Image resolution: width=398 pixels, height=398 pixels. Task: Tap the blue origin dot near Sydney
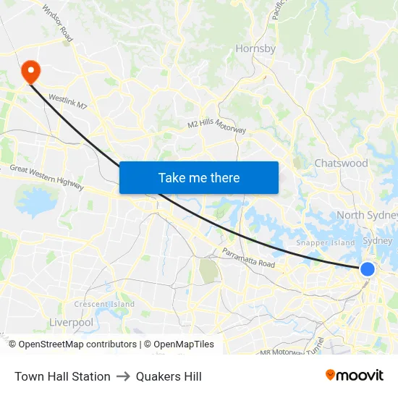tap(367, 269)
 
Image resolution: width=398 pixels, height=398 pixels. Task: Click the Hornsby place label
tap(255, 49)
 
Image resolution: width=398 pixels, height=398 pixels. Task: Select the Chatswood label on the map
tap(341, 164)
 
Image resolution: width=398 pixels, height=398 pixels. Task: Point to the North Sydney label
tap(367, 216)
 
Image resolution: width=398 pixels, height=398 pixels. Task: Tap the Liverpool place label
tap(71, 322)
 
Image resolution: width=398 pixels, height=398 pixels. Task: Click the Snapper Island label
tap(326, 243)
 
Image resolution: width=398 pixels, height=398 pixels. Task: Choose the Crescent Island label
tap(104, 305)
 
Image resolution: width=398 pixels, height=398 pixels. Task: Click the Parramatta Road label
tap(248, 258)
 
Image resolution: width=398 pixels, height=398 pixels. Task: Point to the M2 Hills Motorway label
tap(216, 125)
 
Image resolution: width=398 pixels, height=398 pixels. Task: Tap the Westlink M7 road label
tap(67, 101)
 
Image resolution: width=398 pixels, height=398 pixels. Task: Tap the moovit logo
tap(354, 376)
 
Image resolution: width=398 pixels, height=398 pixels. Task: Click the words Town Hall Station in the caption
tap(62, 376)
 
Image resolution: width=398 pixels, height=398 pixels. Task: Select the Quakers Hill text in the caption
tap(169, 376)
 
